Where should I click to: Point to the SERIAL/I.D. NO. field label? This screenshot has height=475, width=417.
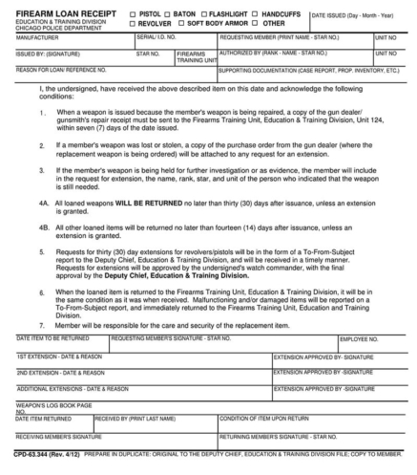159,36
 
